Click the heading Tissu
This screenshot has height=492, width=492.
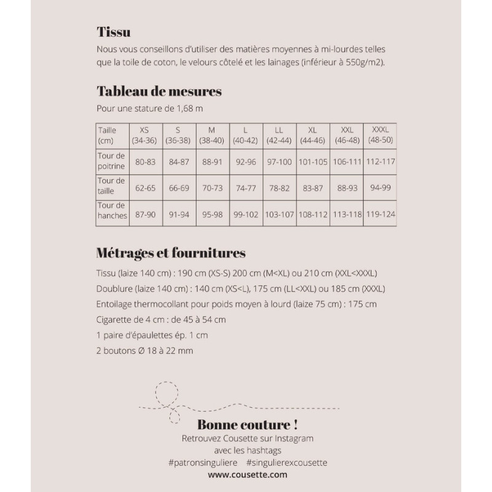(x=114, y=32)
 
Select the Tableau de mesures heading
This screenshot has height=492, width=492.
(x=159, y=92)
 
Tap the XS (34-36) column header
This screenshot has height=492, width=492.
(x=144, y=135)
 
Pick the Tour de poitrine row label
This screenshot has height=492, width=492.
(x=111, y=161)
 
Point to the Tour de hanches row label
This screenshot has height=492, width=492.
(x=111, y=210)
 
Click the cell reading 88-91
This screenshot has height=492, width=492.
(x=212, y=162)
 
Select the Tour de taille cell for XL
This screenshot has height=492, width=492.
(x=312, y=188)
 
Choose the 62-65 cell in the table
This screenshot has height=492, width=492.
(x=145, y=188)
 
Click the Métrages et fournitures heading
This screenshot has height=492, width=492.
(x=171, y=253)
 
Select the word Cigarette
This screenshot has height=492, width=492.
(x=116, y=320)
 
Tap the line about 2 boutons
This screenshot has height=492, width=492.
(x=145, y=351)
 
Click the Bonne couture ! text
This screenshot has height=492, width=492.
(x=248, y=424)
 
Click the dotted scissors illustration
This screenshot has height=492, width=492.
(x=167, y=403)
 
